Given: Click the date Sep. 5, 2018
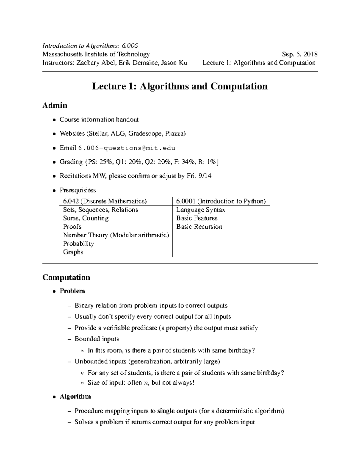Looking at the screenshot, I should click(x=300, y=54).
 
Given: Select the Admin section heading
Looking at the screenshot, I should click(x=55, y=105).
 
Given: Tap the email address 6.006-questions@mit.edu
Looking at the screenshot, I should click(x=127, y=148).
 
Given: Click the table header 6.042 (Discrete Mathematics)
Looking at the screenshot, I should click(x=105, y=201).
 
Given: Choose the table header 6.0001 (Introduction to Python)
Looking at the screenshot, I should click(x=221, y=201).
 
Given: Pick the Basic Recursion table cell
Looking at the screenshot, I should click(x=199, y=227).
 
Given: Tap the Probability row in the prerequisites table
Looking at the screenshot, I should click(x=78, y=244).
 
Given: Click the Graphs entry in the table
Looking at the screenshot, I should click(x=73, y=252).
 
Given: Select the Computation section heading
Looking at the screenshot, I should click(x=66, y=277).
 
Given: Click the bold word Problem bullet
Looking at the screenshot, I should click(x=72, y=291).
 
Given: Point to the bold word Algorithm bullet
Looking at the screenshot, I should click(x=75, y=396).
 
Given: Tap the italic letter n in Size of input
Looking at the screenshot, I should click(x=146, y=383).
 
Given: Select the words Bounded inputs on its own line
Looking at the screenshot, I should click(x=97, y=339).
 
